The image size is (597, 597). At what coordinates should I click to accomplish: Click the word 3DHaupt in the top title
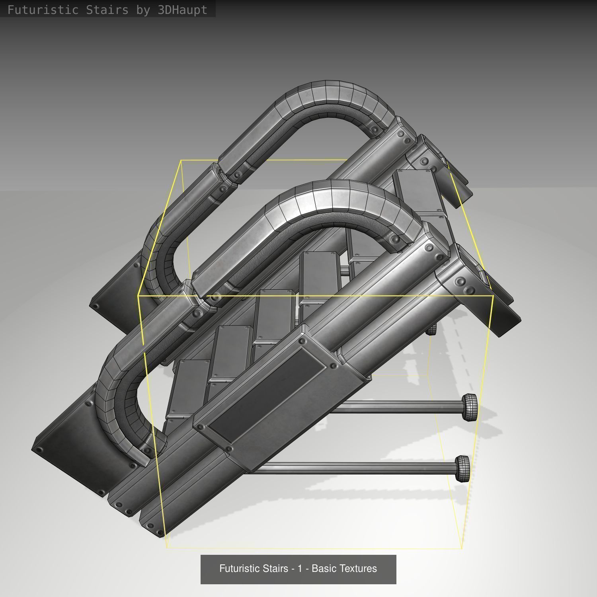[x=182, y=10]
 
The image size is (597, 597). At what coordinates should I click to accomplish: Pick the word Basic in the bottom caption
[x=323, y=568]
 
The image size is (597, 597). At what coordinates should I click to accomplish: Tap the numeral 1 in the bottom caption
[x=300, y=568]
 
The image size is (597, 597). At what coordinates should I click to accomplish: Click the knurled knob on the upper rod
[x=470, y=407]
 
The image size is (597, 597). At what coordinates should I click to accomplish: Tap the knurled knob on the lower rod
[x=462, y=468]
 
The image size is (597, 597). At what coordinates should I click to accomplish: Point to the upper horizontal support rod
[x=398, y=407]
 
